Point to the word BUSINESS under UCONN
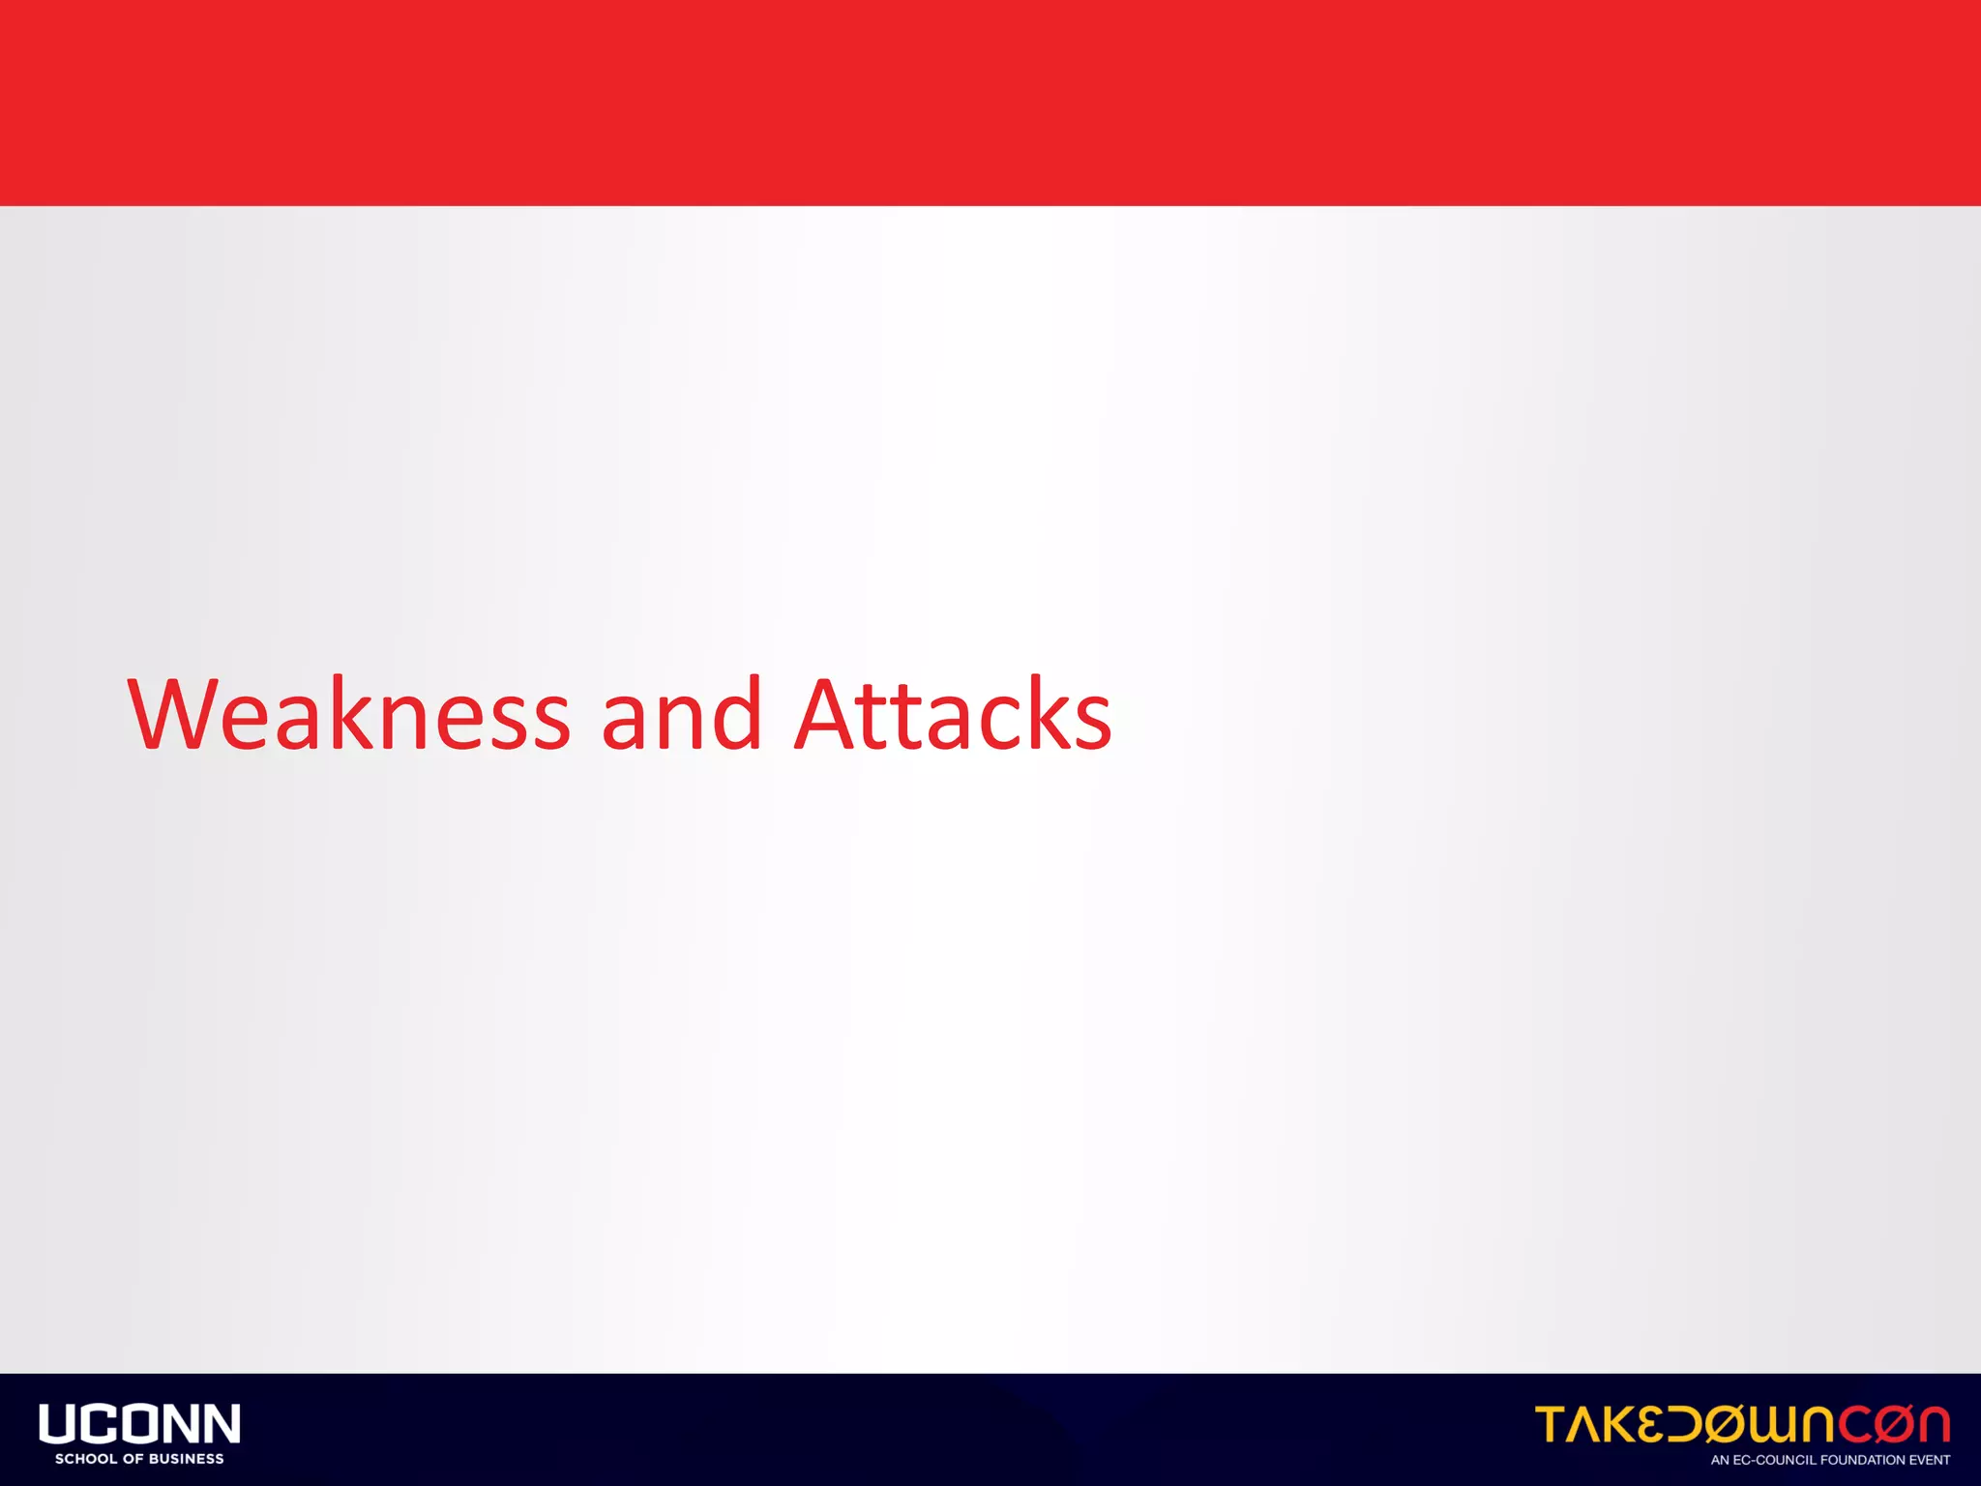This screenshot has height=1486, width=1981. point(187,1459)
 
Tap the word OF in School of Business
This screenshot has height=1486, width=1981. point(133,1459)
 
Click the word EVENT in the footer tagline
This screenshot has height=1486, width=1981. point(1931,1460)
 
